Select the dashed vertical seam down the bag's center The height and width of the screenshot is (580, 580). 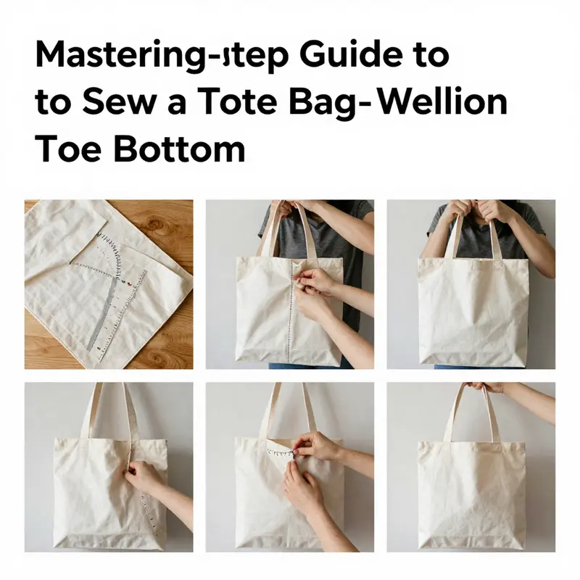pos(292,319)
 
